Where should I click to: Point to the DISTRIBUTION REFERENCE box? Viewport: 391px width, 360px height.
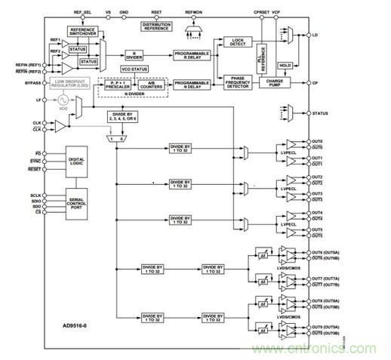pyautogui.click(x=157, y=27)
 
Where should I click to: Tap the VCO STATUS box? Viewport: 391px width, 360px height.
pyautogui.click(x=137, y=69)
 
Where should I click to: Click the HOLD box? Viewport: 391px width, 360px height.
pyautogui.click(x=285, y=66)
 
